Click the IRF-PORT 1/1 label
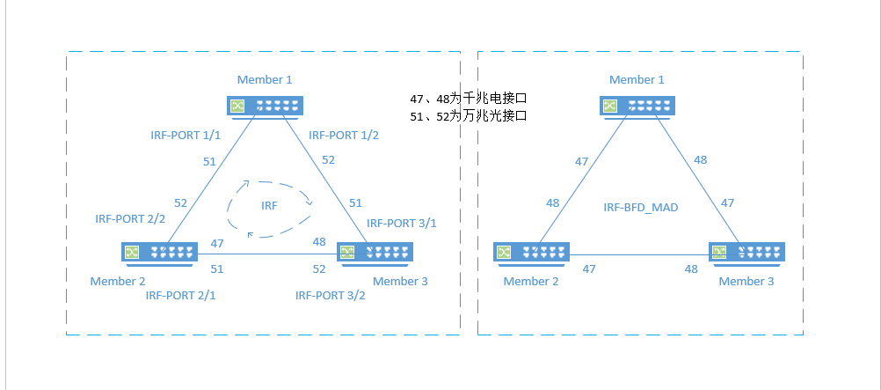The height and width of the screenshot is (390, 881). click(x=186, y=136)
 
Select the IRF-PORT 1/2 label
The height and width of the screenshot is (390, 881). click(x=344, y=136)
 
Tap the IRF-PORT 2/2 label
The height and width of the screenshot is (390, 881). click(x=130, y=218)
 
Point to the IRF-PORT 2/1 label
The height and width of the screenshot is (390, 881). click(x=180, y=296)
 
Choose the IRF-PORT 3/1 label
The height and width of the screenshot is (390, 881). click(x=401, y=223)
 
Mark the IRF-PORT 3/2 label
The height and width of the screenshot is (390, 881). click(x=330, y=296)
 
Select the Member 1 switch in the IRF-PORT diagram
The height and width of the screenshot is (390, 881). click(x=265, y=107)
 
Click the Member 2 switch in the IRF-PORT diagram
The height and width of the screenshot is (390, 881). click(x=159, y=253)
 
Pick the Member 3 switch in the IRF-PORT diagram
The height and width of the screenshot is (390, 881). click(x=375, y=253)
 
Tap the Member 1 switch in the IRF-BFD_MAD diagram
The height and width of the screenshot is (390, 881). click(x=638, y=107)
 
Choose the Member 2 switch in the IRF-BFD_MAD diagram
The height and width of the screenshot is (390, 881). click(x=532, y=253)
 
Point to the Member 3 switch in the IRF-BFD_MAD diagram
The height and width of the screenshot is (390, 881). click(x=747, y=253)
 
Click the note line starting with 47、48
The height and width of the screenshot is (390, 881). click(x=468, y=99)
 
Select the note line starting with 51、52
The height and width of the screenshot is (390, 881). click(x=468, y=115)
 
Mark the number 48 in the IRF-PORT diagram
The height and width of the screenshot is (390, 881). click(x=319, y=241)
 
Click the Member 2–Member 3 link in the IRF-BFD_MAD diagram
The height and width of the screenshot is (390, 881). click(x=640, y=257)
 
